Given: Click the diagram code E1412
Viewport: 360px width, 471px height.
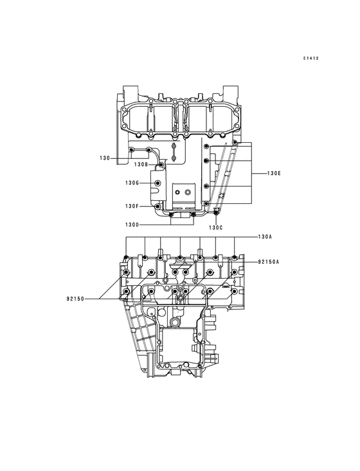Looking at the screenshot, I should [312, 59].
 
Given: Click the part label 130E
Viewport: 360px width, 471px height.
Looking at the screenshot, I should [274, 174].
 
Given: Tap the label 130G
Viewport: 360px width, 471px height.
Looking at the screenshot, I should [132, 183].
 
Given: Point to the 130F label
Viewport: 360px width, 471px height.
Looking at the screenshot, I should [132, 206].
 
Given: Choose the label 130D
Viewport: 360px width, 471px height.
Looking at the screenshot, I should [132, 225].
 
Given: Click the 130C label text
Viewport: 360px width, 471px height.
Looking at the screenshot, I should [215, 228].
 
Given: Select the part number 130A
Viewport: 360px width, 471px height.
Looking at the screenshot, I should [265, 237].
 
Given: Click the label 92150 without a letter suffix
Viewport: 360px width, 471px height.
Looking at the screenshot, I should [75, 299].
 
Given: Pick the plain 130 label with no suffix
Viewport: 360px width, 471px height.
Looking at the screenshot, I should [105, 158].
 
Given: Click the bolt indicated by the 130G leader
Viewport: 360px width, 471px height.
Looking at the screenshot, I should [158, 184].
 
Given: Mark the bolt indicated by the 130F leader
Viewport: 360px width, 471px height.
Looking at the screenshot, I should [158, 206].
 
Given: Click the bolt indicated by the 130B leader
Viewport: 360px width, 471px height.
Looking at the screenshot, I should [161, 165].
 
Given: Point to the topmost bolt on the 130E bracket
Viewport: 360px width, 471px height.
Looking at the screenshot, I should [235, 142].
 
